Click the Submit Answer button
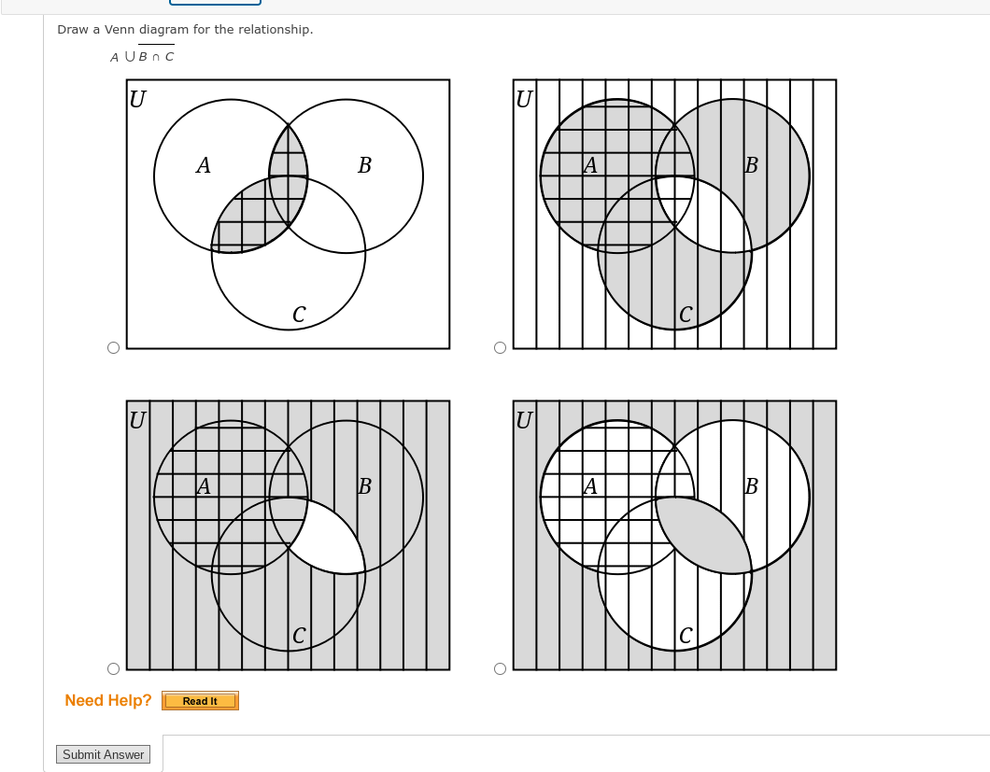coord(103,754)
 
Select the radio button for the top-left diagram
coord(113,348)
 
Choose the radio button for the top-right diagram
coord(500,348)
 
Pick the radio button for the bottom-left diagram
coord(113,668)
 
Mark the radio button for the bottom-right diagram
coord(500,668)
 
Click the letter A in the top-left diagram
coord(203,166)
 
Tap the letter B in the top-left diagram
coord(364,166)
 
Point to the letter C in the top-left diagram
coord(298,316)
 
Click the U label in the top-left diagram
coord(137,99)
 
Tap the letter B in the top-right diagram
coord(751,166)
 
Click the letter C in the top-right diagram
coord(685,316)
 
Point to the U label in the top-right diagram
coord(524,99)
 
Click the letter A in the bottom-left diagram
coord(203,486)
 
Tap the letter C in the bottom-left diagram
coord(298,636)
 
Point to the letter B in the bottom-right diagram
coord(751,486)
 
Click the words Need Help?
coord(108,700)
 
